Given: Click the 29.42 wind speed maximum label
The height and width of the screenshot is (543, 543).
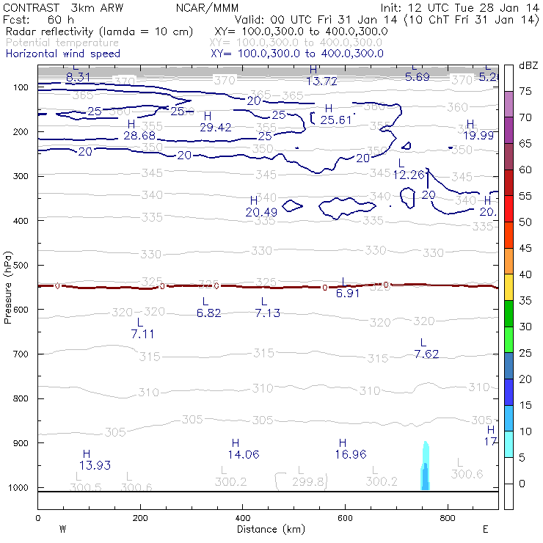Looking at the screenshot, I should pos(215,127).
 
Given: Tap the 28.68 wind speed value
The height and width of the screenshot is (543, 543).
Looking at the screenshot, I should pos(139,136).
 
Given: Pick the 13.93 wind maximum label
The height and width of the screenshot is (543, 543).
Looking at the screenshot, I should pos(95,465).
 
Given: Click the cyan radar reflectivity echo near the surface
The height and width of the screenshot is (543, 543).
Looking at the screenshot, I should pos(424,470).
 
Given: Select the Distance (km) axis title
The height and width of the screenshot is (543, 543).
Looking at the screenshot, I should pos(270,529).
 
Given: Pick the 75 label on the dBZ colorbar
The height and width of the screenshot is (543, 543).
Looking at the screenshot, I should pos(525,91).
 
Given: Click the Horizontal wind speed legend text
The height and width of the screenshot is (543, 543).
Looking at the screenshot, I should pos(62,54).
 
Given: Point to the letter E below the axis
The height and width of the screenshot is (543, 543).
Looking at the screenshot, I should pos(484,529).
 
